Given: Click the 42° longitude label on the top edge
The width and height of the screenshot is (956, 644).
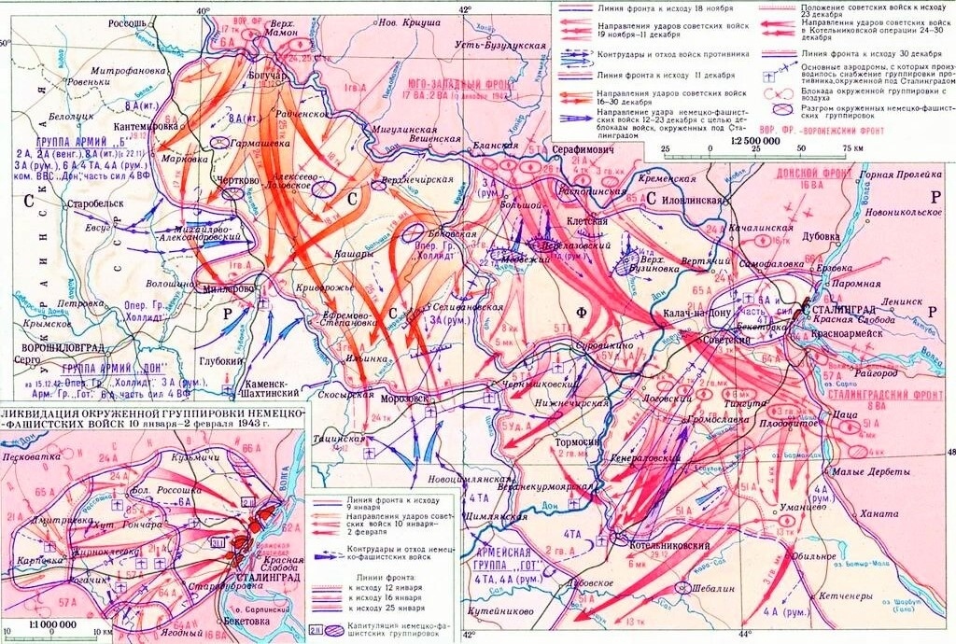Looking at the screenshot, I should click(465, 8).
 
